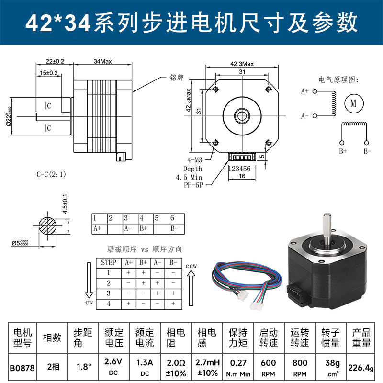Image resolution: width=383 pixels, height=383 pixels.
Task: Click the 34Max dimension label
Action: click(x=103, y=61)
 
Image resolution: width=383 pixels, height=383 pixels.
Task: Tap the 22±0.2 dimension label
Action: click(x=55, y=61)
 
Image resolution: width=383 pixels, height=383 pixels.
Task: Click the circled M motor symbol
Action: click(x=354, y=103)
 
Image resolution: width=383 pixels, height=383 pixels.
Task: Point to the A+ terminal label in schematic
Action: click(x=305, y=90)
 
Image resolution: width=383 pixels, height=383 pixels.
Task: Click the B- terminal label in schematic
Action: click(x=367, y=151)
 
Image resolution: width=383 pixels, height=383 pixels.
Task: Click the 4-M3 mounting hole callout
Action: click(x=194, y=160)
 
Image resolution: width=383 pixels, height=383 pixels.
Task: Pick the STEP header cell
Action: click(x=109, y=262)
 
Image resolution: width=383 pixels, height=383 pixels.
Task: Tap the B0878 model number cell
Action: click(x=22, y=368)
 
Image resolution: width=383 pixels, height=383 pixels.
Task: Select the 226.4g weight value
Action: click(x=361, y=367)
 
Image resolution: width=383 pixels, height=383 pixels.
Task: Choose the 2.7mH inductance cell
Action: click(x=207, y=367)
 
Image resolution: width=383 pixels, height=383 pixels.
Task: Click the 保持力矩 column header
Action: click(x=237, y=338)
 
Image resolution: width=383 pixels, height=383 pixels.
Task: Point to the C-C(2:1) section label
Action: click(x=51, y=174)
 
